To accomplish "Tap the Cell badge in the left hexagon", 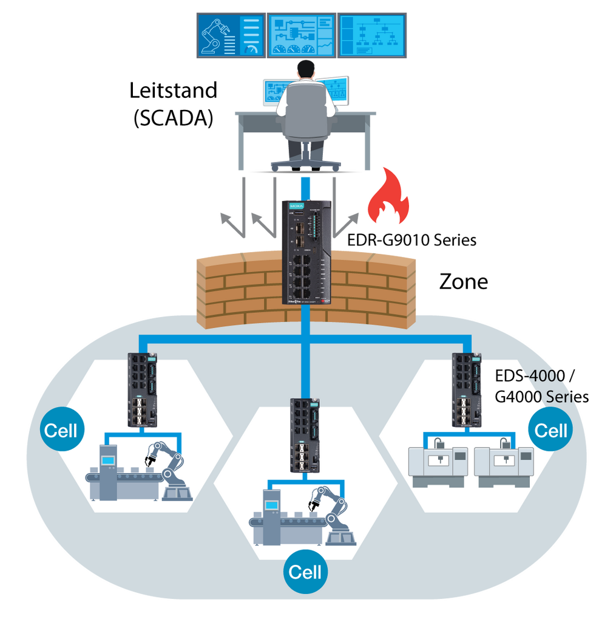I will (61, 431).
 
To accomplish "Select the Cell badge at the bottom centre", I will (305, 572).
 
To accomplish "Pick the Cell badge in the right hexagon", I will (550, 431).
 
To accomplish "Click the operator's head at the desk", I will (306, 69).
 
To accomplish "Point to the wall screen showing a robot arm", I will (230, 36).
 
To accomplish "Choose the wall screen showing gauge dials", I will (301, 36).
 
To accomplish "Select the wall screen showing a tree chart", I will (371, 36).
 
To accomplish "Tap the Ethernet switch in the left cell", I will (142, 390).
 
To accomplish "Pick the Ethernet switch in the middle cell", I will (305, 435).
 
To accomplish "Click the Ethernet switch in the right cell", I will (467, 390).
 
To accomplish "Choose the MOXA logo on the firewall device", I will (296, 207).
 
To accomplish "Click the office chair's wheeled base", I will (305, 163).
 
